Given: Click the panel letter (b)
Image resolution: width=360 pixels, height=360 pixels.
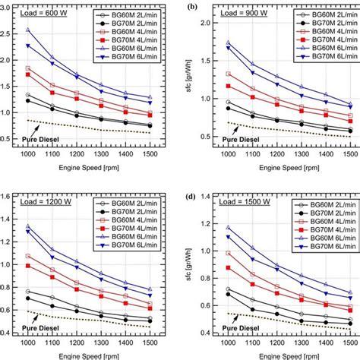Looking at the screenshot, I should point(194,6).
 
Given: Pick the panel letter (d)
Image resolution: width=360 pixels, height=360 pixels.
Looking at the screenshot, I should point(194,197).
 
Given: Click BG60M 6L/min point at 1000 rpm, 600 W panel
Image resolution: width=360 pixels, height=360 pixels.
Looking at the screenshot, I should point(28,30).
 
